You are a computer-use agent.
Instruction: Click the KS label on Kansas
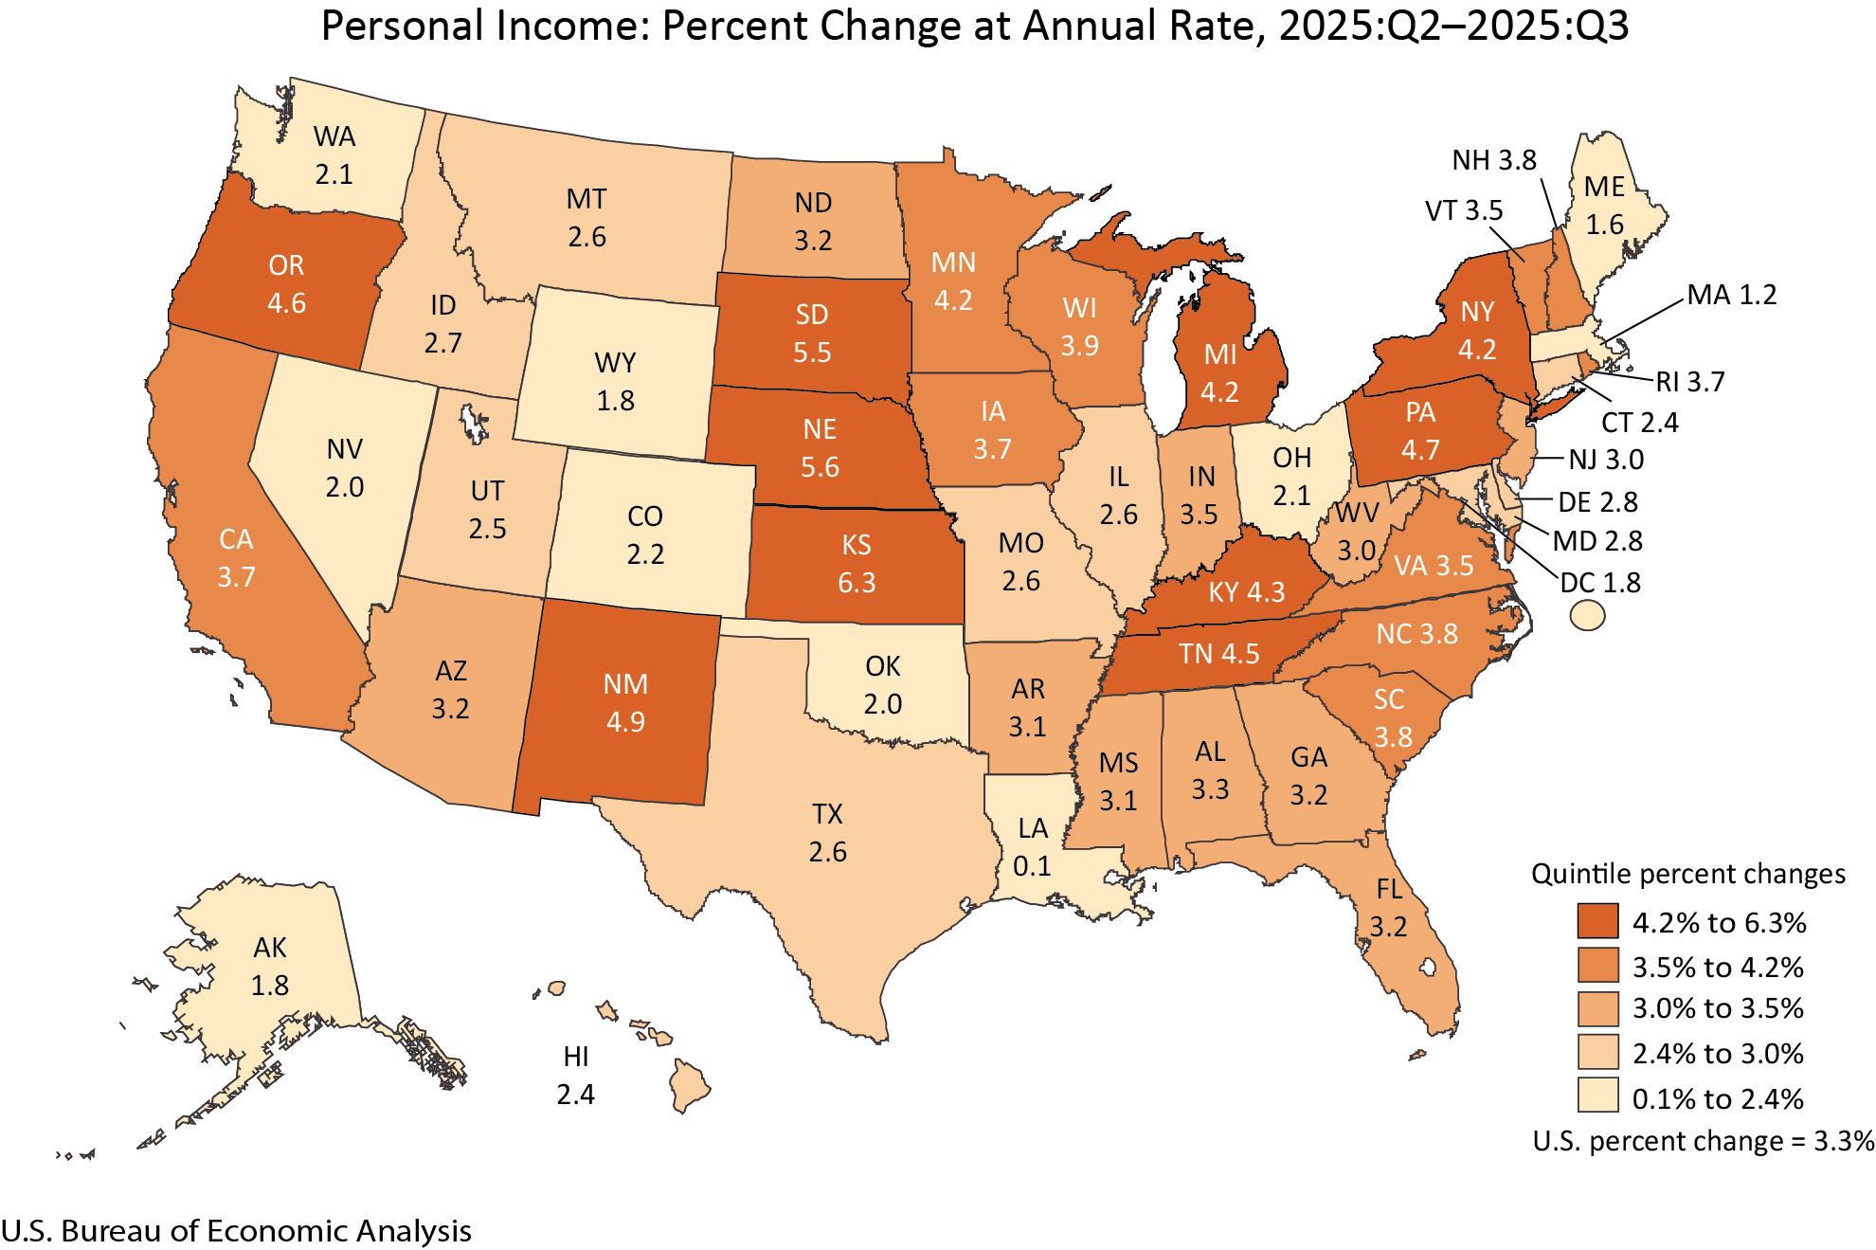pyautogui.click(x=856, y=545)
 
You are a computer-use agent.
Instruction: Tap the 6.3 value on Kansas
pyautogui.click(x=857, y=582)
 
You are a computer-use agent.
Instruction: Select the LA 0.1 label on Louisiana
pyautogui.click(x=1032, y=847)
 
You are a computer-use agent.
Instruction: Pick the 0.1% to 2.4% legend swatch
pyautogui.click(x=1597, y=1096)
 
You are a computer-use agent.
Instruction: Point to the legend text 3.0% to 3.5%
pyautogui.click(x=1718, y=1008)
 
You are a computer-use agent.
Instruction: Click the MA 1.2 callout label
pyautogui.click(x=1731, y=295)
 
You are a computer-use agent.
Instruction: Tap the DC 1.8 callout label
pyautogui.click(x=1600, y=582)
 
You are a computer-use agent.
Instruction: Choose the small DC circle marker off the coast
pyautogui.click(x=1587, y=616)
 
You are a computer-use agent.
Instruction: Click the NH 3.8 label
pyautogui.click(x=1494, y=160)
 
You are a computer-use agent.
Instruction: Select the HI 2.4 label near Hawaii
pyautogui.click(x=575, y=1076)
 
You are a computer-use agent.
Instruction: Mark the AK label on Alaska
pyautogui.click(x=270, y=948)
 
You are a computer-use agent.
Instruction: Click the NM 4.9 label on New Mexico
pyautogui.click(x=625, y=703)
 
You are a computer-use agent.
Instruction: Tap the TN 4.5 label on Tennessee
pyautogui.click(x=1218, y=654)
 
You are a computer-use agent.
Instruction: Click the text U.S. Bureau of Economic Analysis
pyautogui.click(x=236, y=1230)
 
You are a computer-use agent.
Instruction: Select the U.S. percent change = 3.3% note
pyautogui.click(x=1703, y=1141)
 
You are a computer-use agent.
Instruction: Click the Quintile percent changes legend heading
pyautogui.click(x=1687, y=874)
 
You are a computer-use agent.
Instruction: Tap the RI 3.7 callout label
pyautogui.click(x=1690, y=382)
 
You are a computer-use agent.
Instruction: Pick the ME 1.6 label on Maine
pyautogui.click(x=1604, y=206)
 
